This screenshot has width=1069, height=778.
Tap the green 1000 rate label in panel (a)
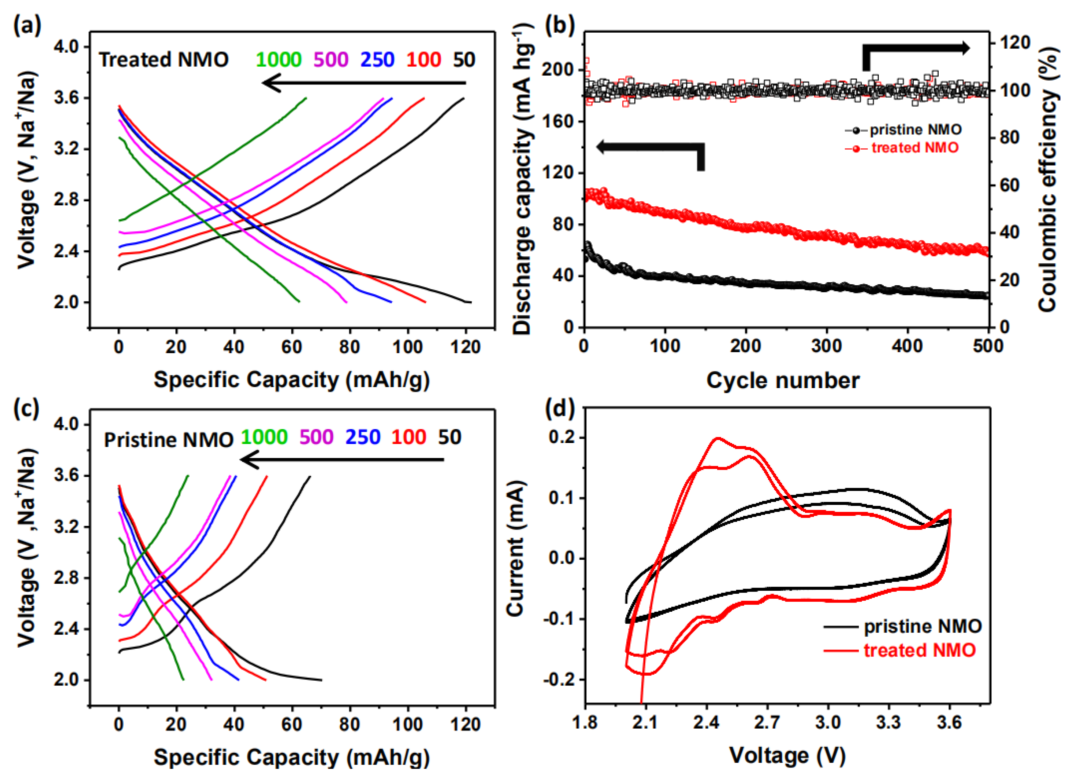(x=279, y=60)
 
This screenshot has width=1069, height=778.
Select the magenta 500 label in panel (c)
(x=316, y=437)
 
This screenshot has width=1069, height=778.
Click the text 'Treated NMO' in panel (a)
(x=164, y=60)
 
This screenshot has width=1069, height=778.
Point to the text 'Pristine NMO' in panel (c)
(x=168, y=440)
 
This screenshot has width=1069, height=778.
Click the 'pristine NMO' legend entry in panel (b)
(x=915, y=130)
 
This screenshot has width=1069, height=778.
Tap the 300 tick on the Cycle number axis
(x=826, y=346)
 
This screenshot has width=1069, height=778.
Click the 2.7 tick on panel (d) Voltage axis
(x=767, y=722)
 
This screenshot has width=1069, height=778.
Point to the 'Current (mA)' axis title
(x=515, y=549)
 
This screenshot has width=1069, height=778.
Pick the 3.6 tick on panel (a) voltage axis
(x=69, y=98)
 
